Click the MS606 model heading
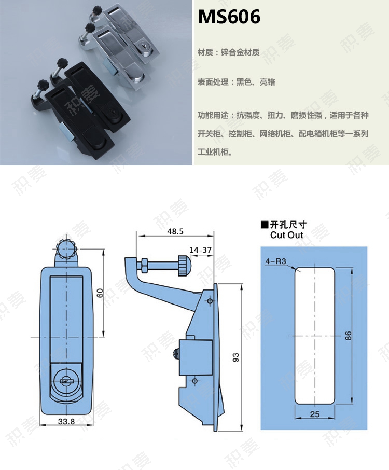pos(229,18)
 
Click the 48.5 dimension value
pos(175,231)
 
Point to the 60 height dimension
pos(99,294)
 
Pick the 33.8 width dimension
pos(66,421)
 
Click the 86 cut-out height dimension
pos(349,336)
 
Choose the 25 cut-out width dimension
pos(315,413)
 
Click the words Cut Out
pos(286,235)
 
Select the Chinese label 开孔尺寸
pos(288,225)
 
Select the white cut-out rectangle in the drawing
pos(315,336)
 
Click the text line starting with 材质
pos(228,52)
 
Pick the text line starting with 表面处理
pos(236,82)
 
